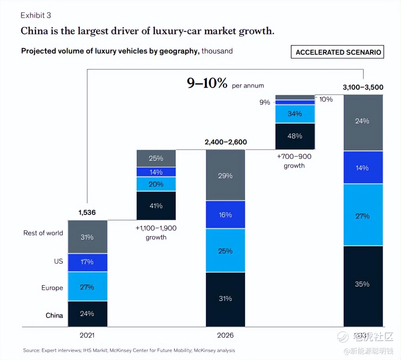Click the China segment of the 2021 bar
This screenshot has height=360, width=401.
pyautogui.click(x=87, y=314)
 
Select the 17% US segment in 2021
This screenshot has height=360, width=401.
pyautogui.click(x=87, y=262)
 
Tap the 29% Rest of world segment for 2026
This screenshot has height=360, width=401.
pyautogui.click(x=225, y=175)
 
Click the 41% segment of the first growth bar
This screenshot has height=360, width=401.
pyautogui.click(x=156, y=206)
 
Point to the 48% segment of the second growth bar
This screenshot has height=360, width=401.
pyautogui.click(x=295, y=136)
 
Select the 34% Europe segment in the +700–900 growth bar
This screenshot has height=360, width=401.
pyautogui.click(x=295, y=114)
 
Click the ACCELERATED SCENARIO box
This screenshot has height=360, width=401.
pyautogui.click(x=337, y=52)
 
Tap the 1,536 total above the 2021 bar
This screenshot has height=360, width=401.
pyautogui.click(x=87, y=213)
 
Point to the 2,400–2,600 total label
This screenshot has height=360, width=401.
pyautogui.click(x=225, y=142)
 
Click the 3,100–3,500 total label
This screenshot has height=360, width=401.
pyautogui.click(x=363, y=87)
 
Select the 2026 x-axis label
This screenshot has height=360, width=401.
pyautogui.click(x=225, y=335)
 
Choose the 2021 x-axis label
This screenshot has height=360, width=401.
pyautogui.click(x=87, y=335)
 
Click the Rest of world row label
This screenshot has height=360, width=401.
pyautogui.click(x=43, y=233)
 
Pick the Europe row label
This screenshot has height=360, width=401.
pyautogui.click(x=52, y=288)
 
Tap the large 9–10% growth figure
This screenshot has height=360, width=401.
pyautogui.click(x=207, y=83)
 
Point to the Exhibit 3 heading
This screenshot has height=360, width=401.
pyautogui.click(x=36, y=15)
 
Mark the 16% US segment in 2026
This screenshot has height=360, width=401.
pyautogui.click(x=225, y=215)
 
